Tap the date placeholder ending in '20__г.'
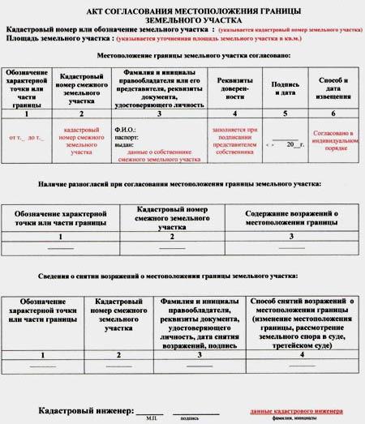point(286,143)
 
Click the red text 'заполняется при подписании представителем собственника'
point(236,139)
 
